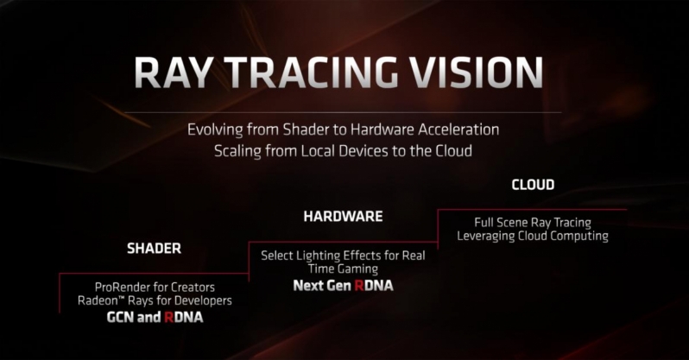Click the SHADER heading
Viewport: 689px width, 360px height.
(x=154, y=249)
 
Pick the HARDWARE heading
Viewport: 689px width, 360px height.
(x=342, y=216)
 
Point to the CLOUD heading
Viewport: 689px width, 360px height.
(x=533, y=185)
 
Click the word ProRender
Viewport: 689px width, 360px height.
(x=124, y=287)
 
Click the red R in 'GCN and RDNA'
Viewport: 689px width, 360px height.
(x=169, y=318)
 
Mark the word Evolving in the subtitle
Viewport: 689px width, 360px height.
(x=214, y=129)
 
